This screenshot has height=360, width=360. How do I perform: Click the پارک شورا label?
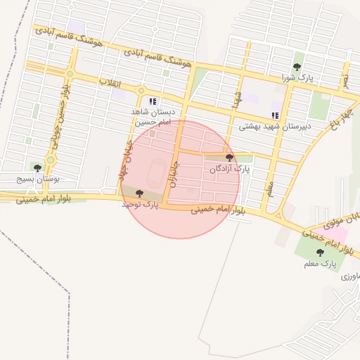click(296, 77)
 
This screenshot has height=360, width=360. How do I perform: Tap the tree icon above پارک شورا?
click(297, 67)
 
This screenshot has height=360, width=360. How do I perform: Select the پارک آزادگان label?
click(229, 169)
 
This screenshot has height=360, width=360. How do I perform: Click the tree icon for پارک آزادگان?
click(229, 158)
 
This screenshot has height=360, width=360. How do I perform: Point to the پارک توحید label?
click(140, 204)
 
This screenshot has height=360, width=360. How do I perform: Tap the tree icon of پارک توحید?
click(139, 193)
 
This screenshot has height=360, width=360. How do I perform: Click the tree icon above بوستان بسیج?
click(37, 168)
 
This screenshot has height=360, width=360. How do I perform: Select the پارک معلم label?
click(321, 264)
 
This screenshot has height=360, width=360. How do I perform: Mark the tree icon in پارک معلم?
click(320, 252)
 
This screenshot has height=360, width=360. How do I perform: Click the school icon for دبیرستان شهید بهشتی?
click(275, 116)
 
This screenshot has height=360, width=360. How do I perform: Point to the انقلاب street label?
click(109, 84)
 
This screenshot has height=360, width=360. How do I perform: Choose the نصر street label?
click(345, 79)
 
